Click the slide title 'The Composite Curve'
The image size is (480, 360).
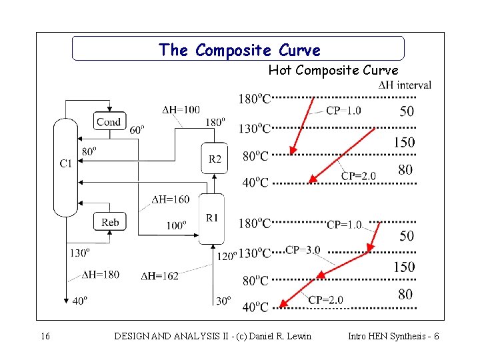(x=239, y=50)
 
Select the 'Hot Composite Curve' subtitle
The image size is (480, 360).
(x=333, y=70)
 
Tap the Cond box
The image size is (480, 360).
(x=109, y=121)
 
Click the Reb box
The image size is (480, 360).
(x=110, y=222)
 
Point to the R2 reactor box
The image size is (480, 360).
(x=215, y=159)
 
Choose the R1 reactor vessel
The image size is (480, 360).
(x=212, y=219)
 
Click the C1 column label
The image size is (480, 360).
(x=66, y=163)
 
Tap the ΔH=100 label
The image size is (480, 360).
(x=181, y=109)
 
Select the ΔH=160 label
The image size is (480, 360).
(x=171, y=199)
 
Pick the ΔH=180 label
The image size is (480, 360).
(x=101, y=274)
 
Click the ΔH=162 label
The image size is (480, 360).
(x=160, y=276)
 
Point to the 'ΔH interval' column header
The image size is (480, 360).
(x=405, y=85)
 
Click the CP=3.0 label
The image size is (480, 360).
(x=303, y=250)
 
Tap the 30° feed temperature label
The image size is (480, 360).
(x=222, y=301)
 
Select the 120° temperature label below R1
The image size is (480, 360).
(x=227, y=255)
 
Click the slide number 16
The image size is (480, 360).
(x=45, y=337)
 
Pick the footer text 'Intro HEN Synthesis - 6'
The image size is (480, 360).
(x=393, y=337)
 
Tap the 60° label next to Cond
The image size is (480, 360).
(x=136, y=130)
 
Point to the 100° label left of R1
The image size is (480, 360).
(x=176, y=225)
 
